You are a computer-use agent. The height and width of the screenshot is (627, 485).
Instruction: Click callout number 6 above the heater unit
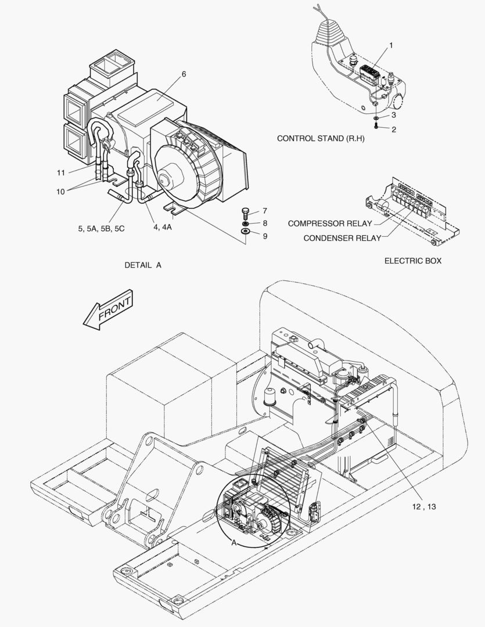click(184, 74)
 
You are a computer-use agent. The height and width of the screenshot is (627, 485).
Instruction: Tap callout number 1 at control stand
click(391, 45)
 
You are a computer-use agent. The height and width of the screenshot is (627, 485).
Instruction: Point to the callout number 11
click(60, 173)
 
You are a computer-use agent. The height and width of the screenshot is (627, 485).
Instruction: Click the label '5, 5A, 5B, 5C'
click(102, 228)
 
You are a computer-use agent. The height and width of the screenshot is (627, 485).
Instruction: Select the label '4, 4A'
click(163, 228)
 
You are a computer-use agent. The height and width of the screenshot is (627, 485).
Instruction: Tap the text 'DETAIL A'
click(143, 265)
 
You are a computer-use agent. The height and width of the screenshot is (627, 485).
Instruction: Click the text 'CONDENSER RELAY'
click(342, 238)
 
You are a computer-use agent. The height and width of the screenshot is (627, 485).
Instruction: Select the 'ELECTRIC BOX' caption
click(412, 261)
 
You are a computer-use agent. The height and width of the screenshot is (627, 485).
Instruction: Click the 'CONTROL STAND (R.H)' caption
click(320, 138)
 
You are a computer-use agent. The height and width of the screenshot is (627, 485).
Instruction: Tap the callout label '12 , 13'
click(424, 507)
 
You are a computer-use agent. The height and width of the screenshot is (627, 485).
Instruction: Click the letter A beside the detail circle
click(233, 543)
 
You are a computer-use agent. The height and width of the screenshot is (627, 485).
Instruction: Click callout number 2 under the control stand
click(393, 129)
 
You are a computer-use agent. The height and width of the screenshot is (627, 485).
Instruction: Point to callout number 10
click(60, 192)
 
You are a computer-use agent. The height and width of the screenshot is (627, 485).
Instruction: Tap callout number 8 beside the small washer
click(264, 224)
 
